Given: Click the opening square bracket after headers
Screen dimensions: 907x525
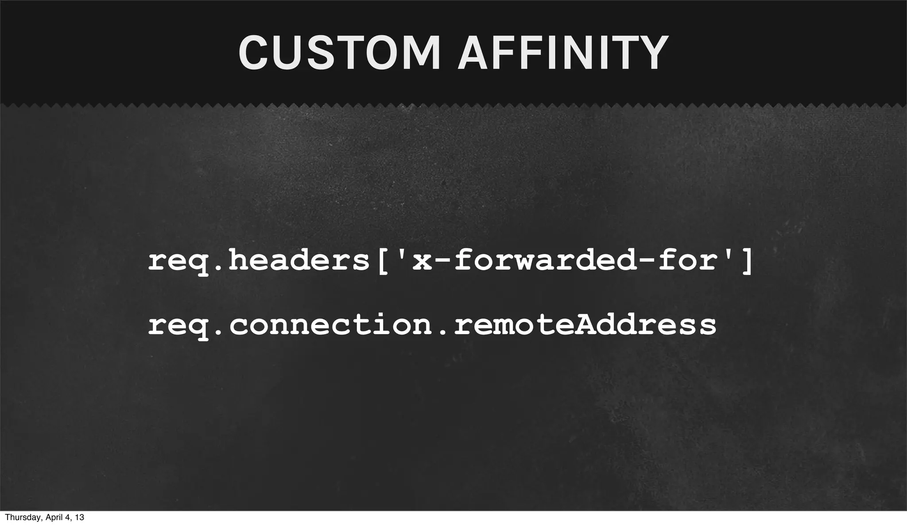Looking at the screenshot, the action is click(384, 262).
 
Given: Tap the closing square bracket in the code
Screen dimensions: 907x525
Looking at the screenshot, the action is click(746, 262).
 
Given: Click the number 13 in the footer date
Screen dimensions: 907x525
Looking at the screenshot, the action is click(79, 517).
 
